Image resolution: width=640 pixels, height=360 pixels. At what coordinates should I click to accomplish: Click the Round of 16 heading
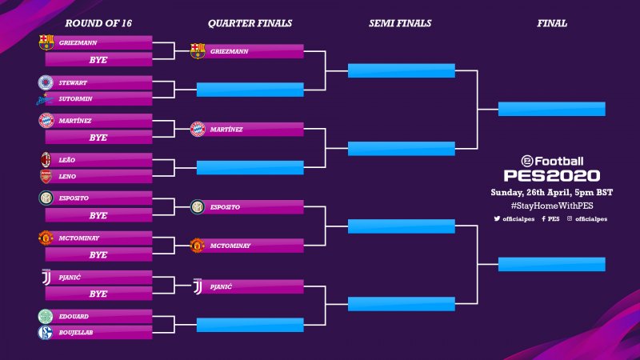click(98, 23)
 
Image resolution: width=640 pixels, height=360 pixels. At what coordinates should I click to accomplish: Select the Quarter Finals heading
click(250, 23)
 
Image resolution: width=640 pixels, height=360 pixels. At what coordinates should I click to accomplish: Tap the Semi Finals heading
click(400, 23)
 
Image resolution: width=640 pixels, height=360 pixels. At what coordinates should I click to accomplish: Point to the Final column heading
click(552, 23)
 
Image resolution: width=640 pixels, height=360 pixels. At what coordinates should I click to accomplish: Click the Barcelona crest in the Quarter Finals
click(198, 51)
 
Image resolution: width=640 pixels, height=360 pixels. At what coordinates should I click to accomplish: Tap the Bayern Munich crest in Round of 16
click(46, 121)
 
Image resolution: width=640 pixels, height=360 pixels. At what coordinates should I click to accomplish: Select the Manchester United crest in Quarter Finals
click(198, 246)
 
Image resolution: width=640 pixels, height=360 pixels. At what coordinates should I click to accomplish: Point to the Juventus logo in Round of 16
click(46, 278)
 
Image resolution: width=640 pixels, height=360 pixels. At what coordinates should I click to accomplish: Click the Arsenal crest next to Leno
click(46, 176)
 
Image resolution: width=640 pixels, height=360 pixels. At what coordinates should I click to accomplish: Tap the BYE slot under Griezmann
click(98, 59)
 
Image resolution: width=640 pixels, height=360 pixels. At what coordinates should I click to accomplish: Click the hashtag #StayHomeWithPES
click(551, 206)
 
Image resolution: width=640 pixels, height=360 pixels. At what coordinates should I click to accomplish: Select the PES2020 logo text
click(551, 175)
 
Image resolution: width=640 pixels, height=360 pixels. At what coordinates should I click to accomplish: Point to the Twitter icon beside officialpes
click(497, 218)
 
